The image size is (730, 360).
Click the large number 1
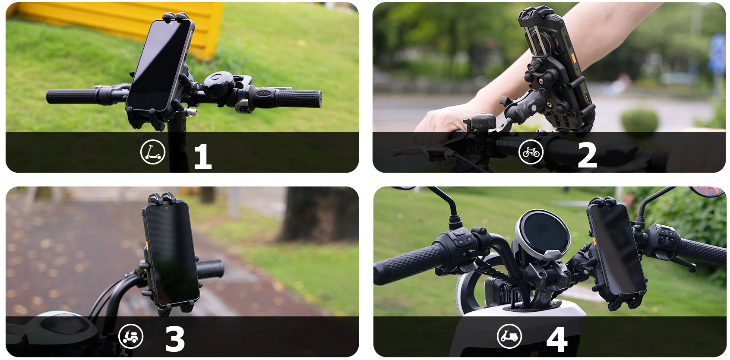[203, 156]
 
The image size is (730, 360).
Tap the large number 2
[587, 155]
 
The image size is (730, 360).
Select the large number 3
[175, 339]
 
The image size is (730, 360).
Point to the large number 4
[557, 339]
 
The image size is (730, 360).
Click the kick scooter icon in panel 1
[153, 152]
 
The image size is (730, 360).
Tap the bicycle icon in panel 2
[531, 152]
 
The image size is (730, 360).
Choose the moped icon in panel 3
[131, 336]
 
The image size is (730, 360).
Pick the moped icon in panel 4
[509, 336]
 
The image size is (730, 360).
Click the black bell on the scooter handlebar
[218, 84]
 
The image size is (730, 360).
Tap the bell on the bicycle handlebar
[484, 122]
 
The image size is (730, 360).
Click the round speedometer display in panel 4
[543, 233]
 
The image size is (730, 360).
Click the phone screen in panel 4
[616, 249]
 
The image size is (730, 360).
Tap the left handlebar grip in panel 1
[71, 96]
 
